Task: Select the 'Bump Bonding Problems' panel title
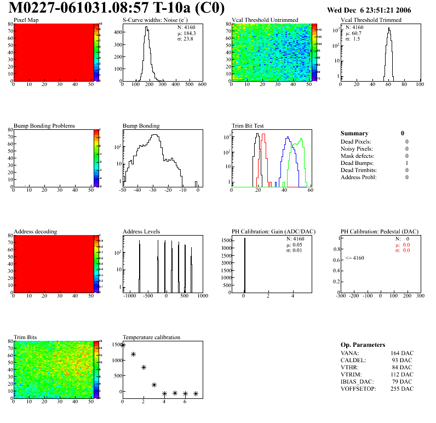point(44,126)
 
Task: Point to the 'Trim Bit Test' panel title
point(248,126)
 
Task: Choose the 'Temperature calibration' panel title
point(152,338)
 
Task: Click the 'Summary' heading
point(354,134)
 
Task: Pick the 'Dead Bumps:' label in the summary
point(356,163)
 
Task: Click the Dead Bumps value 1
point(406,163)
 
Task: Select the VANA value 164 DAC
point(400,353)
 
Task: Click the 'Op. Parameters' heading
point(363,345)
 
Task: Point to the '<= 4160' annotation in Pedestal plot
point(354,258)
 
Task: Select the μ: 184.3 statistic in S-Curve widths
point(187,33)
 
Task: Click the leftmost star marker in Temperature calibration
point(123,345)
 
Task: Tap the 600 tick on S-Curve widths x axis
point(202,85)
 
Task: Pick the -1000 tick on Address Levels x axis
point(129,296)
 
